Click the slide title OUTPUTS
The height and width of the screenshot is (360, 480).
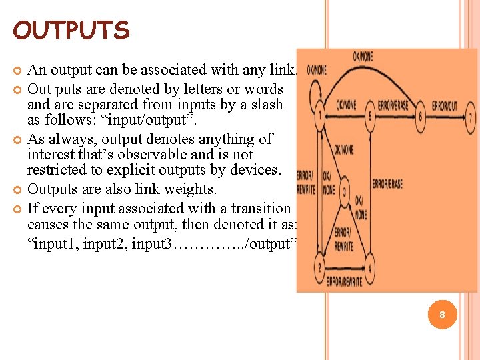point(71,30)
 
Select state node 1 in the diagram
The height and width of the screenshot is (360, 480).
point(321,115)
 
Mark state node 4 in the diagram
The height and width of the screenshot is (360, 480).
point(370,268)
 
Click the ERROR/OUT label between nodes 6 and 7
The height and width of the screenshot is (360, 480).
point(445,105)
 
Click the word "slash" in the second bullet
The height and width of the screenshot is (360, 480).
point(265,105)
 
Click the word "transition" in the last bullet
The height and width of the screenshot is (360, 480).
point(259,209)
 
